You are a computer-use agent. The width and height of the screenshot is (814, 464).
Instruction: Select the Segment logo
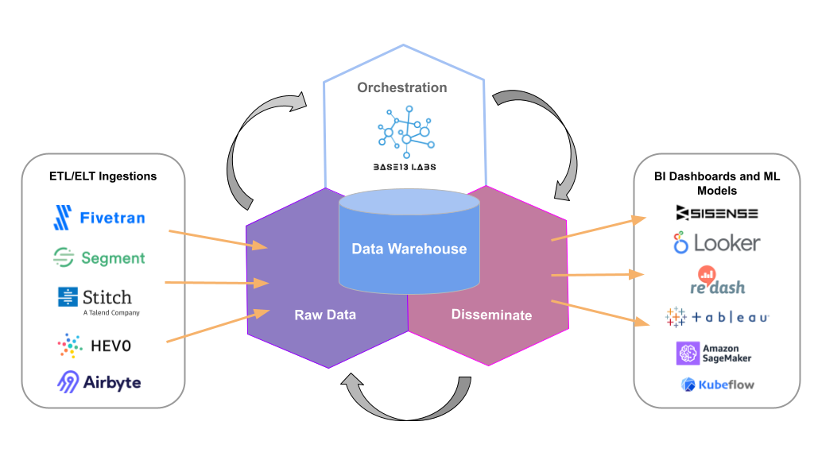[99, 257]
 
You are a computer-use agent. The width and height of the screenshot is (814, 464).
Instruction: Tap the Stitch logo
[99, 300]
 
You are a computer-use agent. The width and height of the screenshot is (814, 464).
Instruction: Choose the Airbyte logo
[99, 382]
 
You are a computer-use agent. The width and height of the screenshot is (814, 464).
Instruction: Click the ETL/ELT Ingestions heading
[103, 176]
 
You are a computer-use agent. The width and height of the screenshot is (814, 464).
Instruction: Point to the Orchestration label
[402, 87]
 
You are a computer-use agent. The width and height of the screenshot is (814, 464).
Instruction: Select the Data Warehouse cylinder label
[409, 249]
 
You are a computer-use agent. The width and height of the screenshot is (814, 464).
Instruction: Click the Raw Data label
[325, 315]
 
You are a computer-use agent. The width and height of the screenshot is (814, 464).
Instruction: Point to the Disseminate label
[491, 315]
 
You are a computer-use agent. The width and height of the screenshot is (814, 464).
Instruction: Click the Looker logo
[716, 242]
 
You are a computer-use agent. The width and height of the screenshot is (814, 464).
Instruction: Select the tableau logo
[716, 317]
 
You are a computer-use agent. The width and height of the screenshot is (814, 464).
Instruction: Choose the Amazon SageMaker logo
[713, 354]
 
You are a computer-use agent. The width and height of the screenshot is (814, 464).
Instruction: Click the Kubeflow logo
[717, 385]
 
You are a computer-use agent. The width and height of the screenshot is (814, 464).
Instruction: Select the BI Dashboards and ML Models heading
[716, 184]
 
